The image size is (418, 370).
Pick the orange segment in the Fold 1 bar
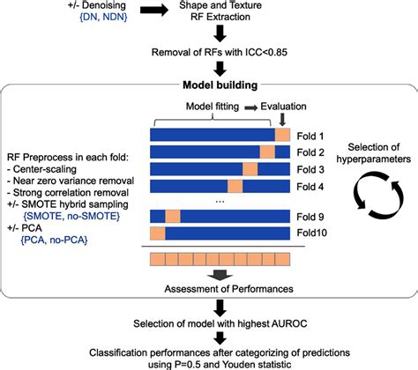point(282,135)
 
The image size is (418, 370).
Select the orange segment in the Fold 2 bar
point(267,152)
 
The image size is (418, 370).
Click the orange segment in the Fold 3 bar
point(250,168)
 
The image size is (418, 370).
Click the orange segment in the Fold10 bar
point(158,233)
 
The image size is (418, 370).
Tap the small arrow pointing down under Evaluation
point(282,119)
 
